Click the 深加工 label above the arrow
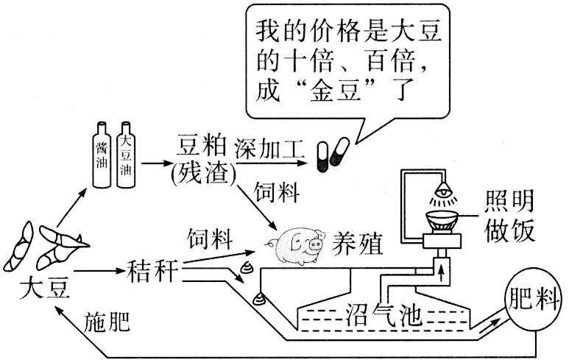coord(268,147)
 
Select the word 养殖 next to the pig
coord(358,243)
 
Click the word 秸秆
coord(153,271)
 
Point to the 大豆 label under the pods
coord(46,287)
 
